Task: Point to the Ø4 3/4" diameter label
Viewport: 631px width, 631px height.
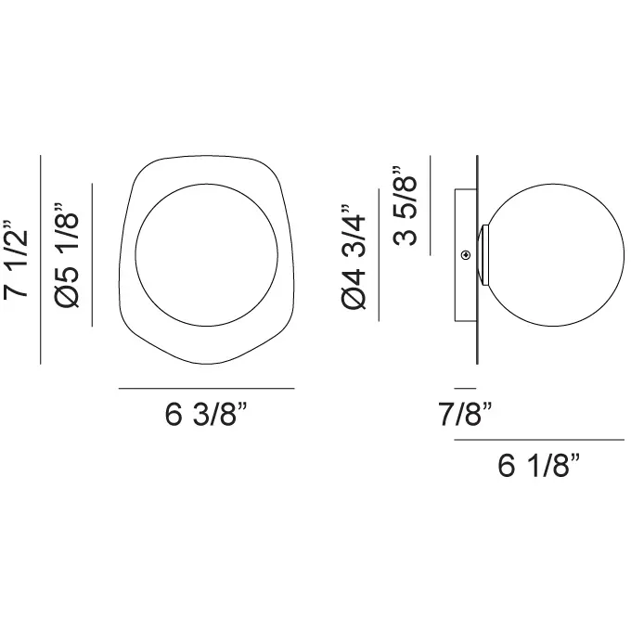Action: point(354,257)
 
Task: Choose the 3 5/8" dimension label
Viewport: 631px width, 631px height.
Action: point(406,205)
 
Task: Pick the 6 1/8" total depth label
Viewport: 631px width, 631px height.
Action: point(539,465)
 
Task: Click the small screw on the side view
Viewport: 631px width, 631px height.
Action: point(466,254)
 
